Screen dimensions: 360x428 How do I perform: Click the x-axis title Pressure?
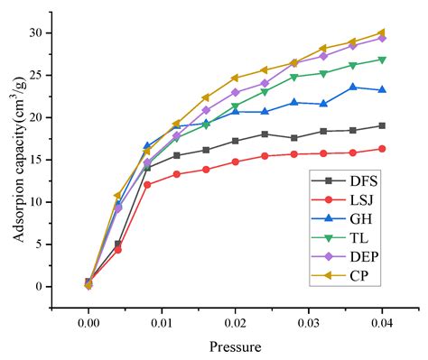(x=235, y=346)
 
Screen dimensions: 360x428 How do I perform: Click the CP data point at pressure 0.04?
(x=382, y=32)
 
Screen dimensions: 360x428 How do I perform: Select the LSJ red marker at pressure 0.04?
(x=382, y=149)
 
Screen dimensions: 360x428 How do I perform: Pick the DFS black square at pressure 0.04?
(x=382, y=125)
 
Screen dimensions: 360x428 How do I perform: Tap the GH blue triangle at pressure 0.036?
(x=353, y=87)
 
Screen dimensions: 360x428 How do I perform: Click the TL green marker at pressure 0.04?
(x=382, y=60)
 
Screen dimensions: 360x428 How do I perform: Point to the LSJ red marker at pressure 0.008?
(x=147, y=184)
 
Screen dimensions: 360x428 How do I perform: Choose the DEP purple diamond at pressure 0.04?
(x=382, y=38)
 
